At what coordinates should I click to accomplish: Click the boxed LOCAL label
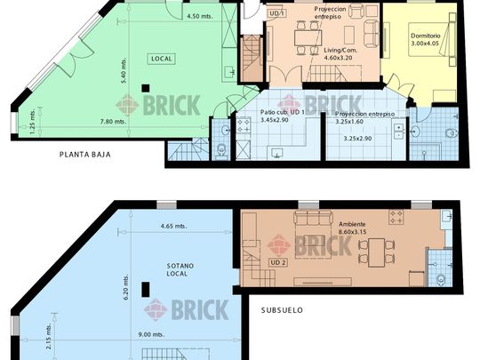161,59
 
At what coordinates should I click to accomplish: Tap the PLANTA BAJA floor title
85,155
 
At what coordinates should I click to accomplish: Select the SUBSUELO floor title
282,310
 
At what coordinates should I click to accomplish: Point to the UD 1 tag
277,13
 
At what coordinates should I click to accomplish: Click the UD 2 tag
278,262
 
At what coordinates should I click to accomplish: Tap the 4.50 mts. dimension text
200,16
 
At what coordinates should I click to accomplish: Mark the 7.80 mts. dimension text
113,122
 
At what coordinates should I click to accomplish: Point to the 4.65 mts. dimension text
173,227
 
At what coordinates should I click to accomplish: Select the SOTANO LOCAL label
180,269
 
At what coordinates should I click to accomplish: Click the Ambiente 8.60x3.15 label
352,228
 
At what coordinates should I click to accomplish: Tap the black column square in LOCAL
146,89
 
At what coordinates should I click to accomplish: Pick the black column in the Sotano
146,290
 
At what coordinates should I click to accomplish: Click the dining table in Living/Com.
308,38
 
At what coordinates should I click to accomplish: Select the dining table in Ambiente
376,252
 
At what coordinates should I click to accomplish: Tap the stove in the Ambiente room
396,217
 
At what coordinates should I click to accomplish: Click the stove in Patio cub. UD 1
244,126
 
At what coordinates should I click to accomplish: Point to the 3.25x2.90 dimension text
357,139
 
